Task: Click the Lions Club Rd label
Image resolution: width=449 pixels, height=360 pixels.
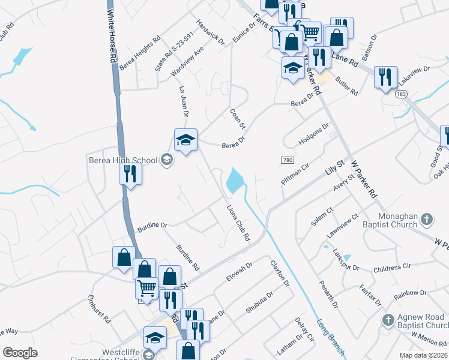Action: click(238, 223)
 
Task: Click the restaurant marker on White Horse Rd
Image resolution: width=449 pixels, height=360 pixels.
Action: click(130, 174)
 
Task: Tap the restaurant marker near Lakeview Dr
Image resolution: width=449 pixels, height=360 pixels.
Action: click(384, 77)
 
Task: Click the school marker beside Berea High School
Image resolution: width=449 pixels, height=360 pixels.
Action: click(185, 141)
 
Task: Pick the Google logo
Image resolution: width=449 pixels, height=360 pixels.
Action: click(20, 353)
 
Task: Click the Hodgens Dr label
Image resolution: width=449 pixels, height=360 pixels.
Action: click(314, 136)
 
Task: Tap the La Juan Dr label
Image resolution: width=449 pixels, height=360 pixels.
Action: click(184, 101)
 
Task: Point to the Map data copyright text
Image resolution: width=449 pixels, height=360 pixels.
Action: click(423, 355)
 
